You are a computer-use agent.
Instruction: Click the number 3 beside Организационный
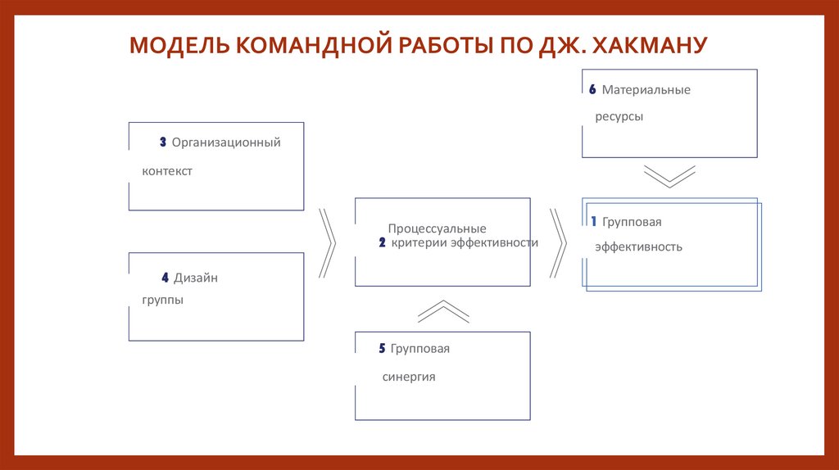point(163,142)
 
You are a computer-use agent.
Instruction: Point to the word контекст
point(167,172)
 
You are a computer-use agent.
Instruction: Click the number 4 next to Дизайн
point(165,278)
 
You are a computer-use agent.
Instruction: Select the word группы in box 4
point(162,300)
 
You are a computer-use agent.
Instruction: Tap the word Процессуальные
point(437,229)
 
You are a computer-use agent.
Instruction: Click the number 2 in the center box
point(383,243)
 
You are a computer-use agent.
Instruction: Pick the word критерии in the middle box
point(419,243)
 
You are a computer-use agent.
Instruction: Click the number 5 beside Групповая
point(383,349)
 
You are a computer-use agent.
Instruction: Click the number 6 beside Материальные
point(592,90)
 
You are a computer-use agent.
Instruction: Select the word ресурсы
point(619,117)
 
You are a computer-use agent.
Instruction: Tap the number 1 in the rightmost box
point(593,222)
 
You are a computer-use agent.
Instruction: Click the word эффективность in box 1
point(638,246)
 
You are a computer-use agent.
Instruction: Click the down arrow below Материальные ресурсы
point(669,177)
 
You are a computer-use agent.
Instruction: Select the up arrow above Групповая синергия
point(443,311)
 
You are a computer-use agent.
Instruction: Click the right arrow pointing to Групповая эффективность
point(558,242)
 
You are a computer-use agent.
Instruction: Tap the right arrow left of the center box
point(327,242)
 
